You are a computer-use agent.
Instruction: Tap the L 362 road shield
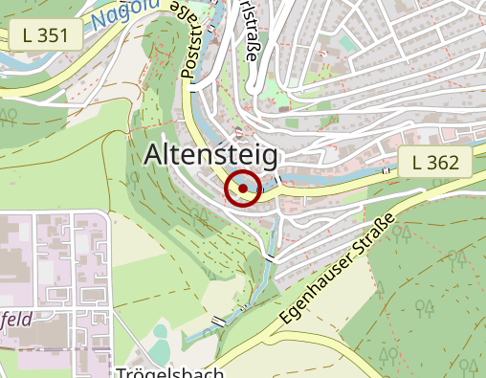tap(435, 163)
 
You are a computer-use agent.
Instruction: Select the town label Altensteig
tap(210, 155)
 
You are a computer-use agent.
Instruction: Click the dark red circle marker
tap(243, 189)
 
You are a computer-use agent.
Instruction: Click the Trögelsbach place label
tap(170, 371)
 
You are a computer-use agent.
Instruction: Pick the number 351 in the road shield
tap(55, 36)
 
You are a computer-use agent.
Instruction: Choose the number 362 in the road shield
tap(444, 163)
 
